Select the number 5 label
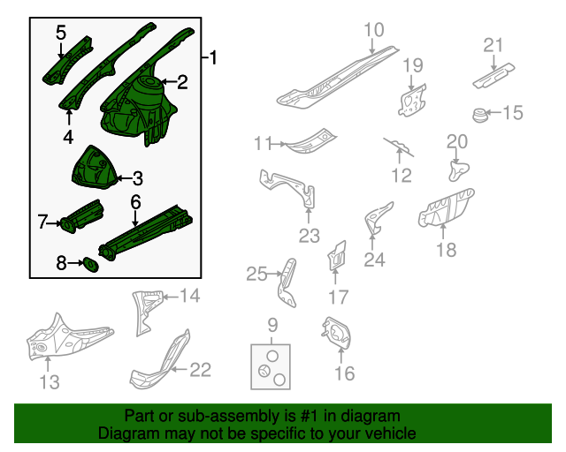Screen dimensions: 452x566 point(61,33)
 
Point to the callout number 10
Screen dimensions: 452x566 point(374,31)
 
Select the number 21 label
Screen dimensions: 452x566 point(493,45)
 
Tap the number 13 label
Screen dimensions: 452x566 point(50,381)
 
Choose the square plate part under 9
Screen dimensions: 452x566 point(271,366)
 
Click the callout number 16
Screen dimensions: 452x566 point(344,373)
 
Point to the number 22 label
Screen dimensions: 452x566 point(201,370)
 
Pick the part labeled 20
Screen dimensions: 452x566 point(457,166)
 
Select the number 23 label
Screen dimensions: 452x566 point(309,236)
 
